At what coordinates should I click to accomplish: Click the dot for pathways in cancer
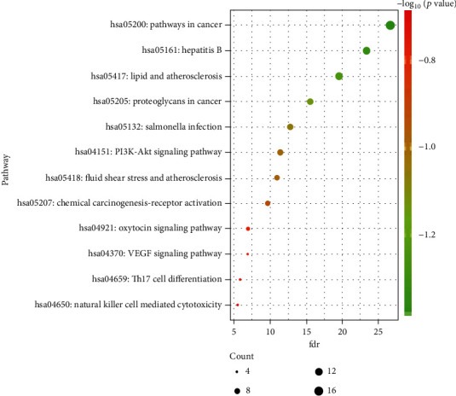point(390,25)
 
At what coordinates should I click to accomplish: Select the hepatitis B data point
point(367,51)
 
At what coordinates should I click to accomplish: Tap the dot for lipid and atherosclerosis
point(339,77)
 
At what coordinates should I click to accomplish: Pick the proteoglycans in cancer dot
point(310,102)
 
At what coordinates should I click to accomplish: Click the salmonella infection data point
point(291,127)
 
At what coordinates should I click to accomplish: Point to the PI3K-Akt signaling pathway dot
point(280,153)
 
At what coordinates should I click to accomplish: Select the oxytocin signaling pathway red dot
point(248,229)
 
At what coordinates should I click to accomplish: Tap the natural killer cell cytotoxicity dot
point(237,305)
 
